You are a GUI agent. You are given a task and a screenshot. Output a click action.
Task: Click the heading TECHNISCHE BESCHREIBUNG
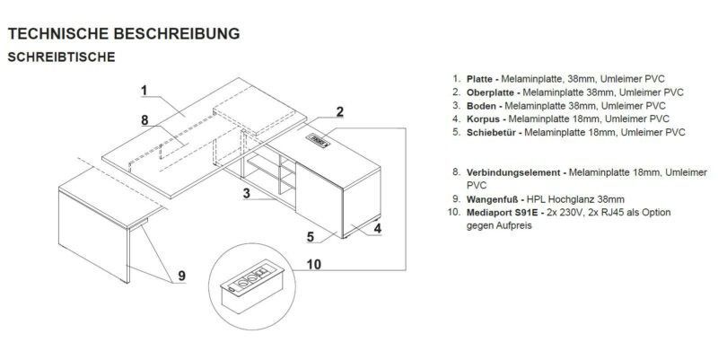point(124,33)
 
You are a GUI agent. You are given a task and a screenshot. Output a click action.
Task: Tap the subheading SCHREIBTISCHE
point(61,57)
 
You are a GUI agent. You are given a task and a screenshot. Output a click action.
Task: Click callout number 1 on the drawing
point(144,91)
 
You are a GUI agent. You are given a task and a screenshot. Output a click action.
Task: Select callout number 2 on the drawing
point(339,111)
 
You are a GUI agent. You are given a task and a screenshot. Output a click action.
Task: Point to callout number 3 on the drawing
point(247,193)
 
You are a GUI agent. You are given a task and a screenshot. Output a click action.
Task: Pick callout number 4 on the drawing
point(377,228)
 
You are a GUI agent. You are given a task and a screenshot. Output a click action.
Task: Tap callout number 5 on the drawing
point(311,237)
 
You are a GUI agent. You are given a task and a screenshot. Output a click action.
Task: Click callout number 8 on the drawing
point(144,120)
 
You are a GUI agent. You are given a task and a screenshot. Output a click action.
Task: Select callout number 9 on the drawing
point(182,276)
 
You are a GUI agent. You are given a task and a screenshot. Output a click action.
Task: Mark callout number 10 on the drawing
point(313,264)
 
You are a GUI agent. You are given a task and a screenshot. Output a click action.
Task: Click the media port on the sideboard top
point(318,140)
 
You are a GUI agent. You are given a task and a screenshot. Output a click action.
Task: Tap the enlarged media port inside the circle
point(252,286)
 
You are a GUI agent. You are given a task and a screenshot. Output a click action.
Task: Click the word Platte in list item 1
point(479,79)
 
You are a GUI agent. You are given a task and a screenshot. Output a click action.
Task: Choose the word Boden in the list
point(481,106)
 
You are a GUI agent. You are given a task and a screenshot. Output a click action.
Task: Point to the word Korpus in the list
point(483,119)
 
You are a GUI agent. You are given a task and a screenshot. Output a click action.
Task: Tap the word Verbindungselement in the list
point(513,172)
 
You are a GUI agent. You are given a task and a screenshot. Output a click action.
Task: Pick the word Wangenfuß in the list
point(492,199)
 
